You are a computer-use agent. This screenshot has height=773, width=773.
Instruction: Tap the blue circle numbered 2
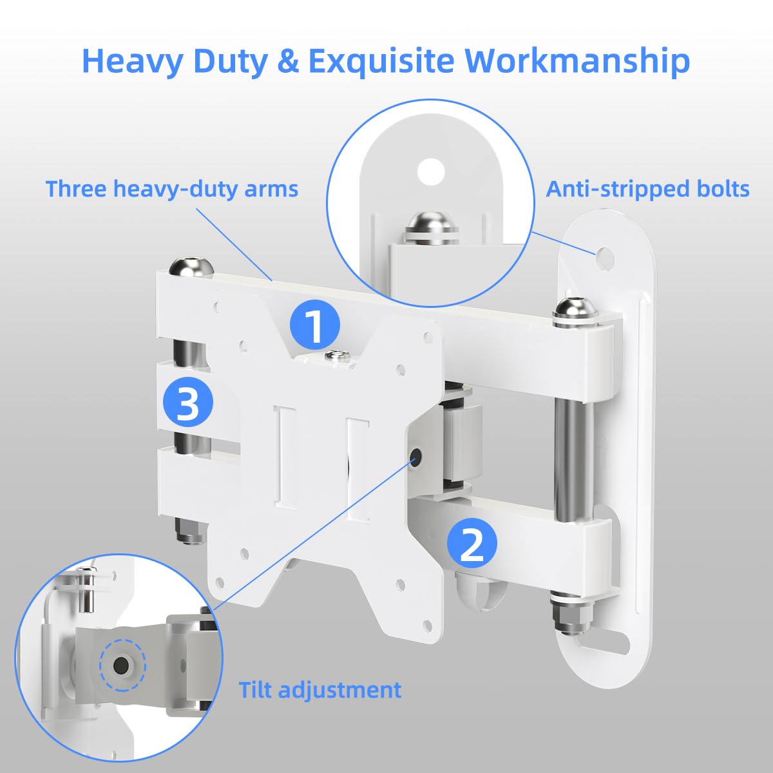472,545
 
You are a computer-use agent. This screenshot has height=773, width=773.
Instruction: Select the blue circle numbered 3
187,404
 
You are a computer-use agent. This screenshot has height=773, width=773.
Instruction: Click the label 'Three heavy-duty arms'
172,189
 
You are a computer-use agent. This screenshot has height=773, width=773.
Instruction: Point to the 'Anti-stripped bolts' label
647,189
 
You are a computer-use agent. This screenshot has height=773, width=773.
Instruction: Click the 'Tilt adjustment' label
320,690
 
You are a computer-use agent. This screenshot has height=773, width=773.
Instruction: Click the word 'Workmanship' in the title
578,61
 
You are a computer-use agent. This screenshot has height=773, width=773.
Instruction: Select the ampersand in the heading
287,61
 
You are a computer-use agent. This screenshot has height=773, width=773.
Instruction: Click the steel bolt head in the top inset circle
429,225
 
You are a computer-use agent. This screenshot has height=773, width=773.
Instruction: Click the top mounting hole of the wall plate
605,254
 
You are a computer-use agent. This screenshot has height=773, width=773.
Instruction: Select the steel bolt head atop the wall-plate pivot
574,309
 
